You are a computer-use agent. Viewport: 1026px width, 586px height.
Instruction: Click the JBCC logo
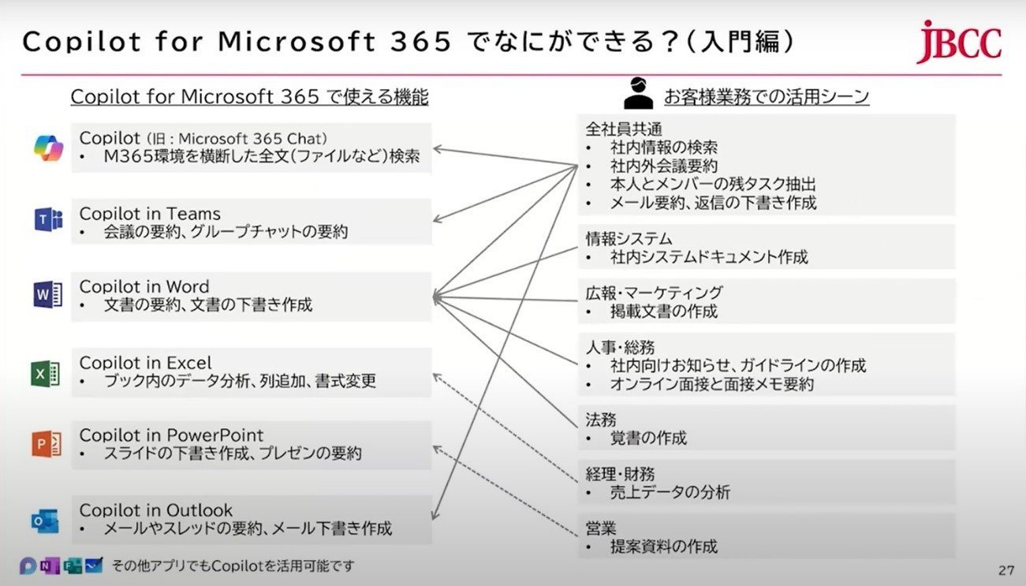click(x=959, y=42)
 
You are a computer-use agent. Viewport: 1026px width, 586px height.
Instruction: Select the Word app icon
click(x=47, y=294)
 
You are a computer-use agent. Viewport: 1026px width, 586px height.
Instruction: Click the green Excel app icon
click(x=45, y=373)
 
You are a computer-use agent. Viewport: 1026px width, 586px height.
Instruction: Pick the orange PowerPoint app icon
click(x=47, y=443)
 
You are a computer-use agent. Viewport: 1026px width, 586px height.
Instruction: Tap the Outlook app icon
click(x=45, y=521)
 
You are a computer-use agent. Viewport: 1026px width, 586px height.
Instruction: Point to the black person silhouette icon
click(x=639, y=93)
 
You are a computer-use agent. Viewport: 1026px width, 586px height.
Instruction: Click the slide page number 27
click(x=1006, y=570)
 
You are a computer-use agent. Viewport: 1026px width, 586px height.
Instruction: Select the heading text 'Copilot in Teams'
click(x=150, y=214)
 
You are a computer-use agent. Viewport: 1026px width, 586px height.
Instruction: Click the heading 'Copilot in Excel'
click(x=145, y=363)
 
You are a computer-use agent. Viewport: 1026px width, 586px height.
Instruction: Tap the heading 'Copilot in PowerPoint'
click(x=171, y=435)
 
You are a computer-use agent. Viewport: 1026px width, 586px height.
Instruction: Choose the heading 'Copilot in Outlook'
click(x=155, y=510)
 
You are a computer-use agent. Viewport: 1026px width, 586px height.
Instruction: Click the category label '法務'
click(x=601, y=420)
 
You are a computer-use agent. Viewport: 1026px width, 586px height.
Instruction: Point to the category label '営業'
click(x=601, y=528)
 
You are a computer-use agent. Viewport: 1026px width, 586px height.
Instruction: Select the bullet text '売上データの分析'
click(x=670, y=492)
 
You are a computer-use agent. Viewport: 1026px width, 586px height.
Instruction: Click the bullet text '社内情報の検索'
click(x=664, y=147)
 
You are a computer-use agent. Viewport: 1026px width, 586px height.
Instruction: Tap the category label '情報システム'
click(x=629, y=239)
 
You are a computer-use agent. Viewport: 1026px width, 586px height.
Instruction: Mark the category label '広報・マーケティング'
click(x=654, y=293)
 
